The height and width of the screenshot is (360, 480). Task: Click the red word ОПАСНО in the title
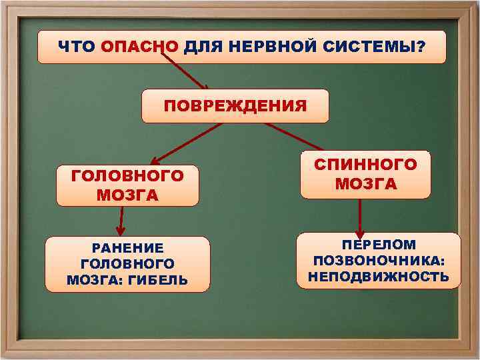pyautogui.click(x=140, y=47)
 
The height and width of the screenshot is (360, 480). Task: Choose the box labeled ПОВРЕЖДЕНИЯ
pyautogui.click(x=235, y=106)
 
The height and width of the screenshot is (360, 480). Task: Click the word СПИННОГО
pyautogui.click(x=365, y=164)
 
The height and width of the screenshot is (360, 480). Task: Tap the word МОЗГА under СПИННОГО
pyautogui.click(x=365, y=183)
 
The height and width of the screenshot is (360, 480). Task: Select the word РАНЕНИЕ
pyautogui.click(x=127, y=248)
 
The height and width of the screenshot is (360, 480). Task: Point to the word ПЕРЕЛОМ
pyautogui.click(x=379, y=245)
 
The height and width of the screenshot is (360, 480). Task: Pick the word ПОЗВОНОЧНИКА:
pyautogui.click(x=379, y=260)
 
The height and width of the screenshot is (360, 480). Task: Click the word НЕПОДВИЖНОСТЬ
pyautogui.click(x=379, y=276)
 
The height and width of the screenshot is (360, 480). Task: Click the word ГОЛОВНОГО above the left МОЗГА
pyautogui.click(x=127, y=176)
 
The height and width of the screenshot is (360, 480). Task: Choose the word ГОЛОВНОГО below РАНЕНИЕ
pyautogui.click(x=127, y=264)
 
